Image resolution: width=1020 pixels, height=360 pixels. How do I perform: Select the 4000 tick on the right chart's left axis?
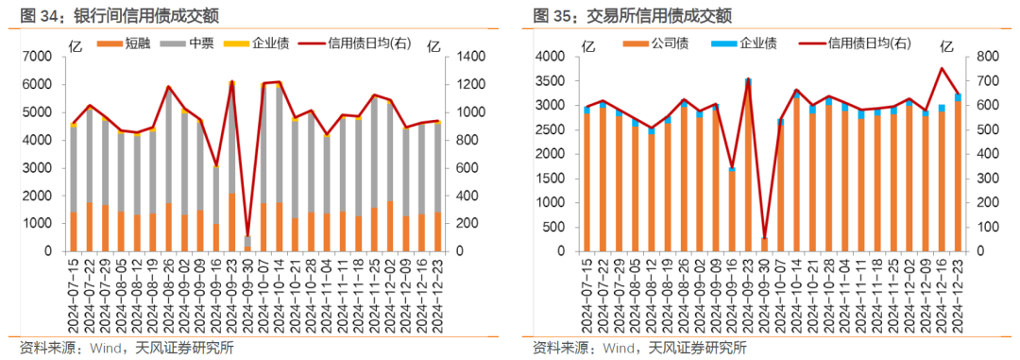(551, 57)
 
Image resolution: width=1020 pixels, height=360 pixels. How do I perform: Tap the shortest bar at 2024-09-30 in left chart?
(247, 244)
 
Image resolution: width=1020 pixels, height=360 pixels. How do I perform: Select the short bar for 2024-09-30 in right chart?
(764, 245)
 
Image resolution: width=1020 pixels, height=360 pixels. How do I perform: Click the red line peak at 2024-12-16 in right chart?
(942, 68)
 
